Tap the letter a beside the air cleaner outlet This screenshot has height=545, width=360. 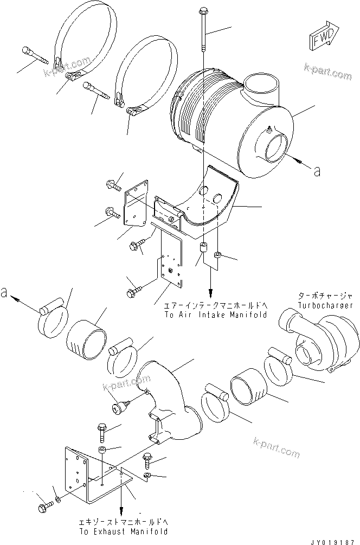pyautogui.click(x=317, y=171)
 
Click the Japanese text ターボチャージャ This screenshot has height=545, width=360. pyautogui.click(x=325, y=296)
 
